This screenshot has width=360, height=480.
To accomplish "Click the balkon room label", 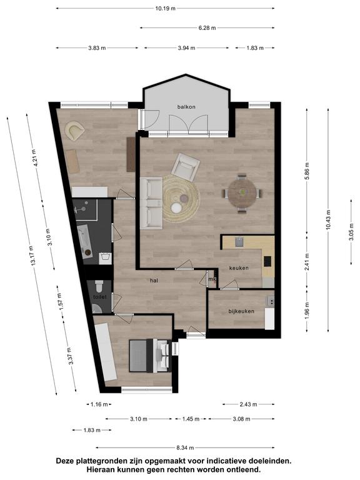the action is pos(186,107).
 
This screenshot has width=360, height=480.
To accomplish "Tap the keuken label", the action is pos(239,268).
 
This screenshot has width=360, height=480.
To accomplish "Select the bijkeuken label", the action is pos(241,311).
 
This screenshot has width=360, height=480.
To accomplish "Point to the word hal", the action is pos(154,280).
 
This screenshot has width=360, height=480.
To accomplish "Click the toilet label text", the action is pos(100,297).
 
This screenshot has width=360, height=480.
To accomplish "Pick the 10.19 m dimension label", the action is pos(165,8).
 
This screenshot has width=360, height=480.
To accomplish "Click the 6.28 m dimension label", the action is pos(207,28).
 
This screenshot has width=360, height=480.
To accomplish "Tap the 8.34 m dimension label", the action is pos(185,447).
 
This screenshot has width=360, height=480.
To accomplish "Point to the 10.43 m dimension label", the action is pos(328,219).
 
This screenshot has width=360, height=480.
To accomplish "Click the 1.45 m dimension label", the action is pos(191,419).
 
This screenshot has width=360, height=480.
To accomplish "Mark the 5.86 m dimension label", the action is pos(307,171).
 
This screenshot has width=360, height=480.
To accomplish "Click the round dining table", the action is pos(242,193).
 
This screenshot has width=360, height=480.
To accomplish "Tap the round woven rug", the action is pos(181,199).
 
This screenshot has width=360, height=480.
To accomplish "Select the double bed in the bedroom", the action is pos(150,356).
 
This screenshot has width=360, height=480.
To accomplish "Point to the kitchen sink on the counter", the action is pos(239,242).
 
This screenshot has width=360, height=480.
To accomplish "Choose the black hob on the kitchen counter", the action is pos(267,261).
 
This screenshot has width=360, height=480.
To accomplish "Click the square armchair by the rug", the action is pos(186,167).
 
